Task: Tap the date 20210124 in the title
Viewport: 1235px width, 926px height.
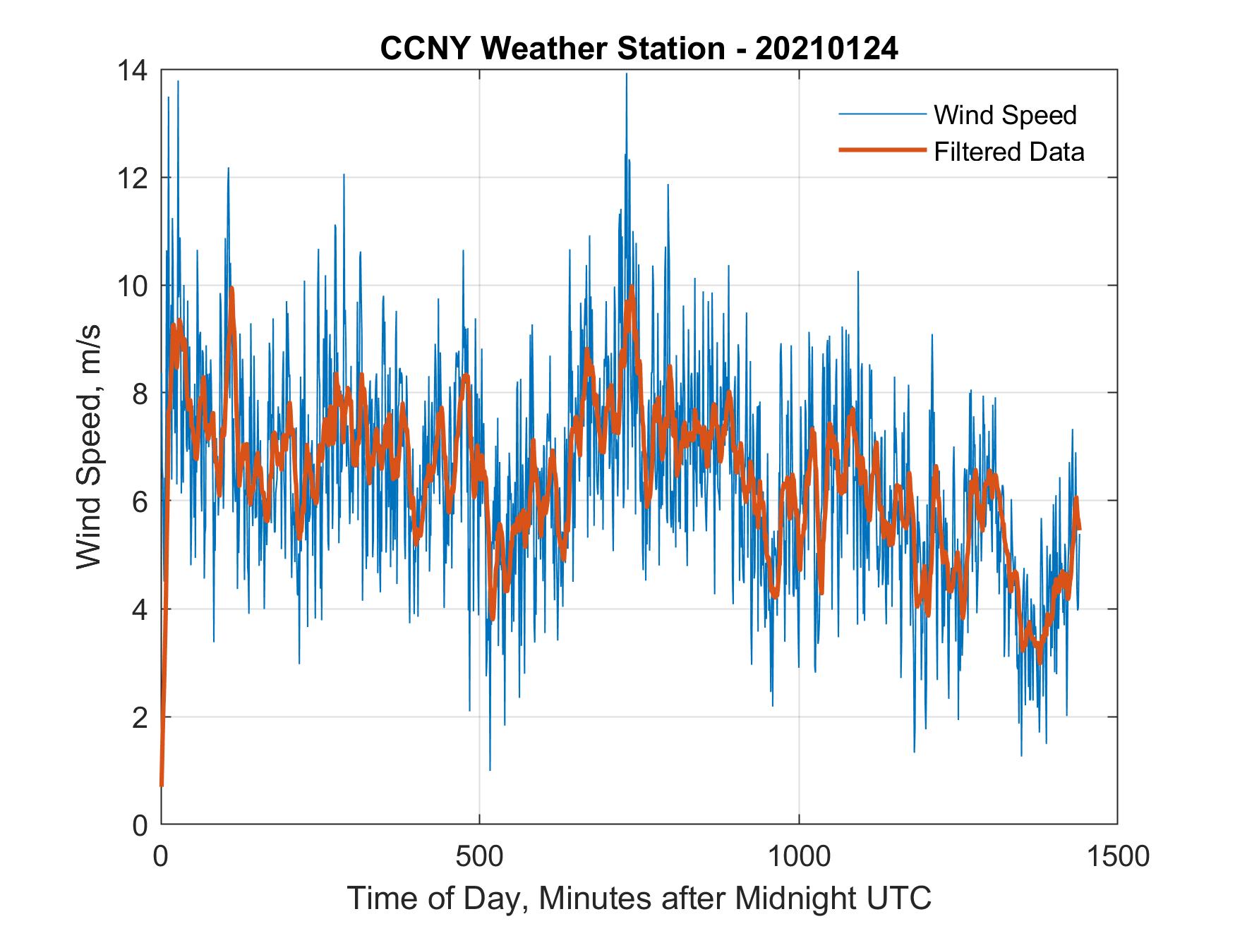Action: coord(826,49)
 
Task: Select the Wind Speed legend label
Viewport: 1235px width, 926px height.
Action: coord(1005,115)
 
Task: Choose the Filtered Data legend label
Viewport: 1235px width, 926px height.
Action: coord(1008,152)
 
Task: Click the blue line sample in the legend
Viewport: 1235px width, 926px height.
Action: coord(881,114)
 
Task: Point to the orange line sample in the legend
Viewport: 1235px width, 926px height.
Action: coord(881,150)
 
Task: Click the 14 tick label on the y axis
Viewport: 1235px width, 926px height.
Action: coord(133,71)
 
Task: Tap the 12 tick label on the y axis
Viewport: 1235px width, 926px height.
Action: coord(133,178)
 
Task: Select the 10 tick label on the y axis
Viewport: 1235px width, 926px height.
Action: coord(133,286)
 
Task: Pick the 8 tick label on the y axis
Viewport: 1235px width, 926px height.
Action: coord(140,394)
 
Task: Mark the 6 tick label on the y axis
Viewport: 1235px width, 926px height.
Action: coord(140,501)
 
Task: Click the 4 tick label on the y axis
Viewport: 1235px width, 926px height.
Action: coord(140,609)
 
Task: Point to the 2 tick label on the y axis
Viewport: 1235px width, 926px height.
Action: coord(140,717)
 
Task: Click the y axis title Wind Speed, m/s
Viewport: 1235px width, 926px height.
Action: coord(90,447)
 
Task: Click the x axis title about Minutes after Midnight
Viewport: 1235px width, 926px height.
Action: coord(639,898)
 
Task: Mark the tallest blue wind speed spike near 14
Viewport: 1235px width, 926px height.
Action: coord(626,75)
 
